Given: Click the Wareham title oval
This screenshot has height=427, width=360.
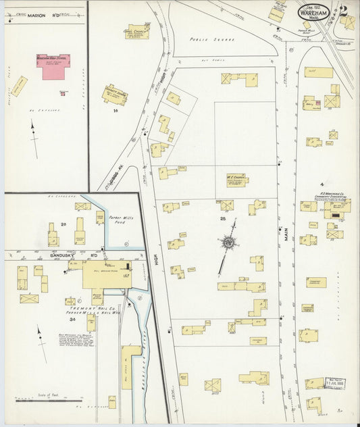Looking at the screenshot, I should tap(314, 13).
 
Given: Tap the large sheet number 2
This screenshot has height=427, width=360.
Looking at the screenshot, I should tap(344, 11).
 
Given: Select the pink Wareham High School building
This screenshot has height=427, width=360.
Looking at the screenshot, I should tap(53, 66).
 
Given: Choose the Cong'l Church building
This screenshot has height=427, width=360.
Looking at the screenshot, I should tap(137, 31).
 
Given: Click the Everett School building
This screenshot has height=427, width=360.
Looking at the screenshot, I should tap(115, 95).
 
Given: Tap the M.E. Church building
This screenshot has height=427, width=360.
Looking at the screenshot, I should tap(237, 180).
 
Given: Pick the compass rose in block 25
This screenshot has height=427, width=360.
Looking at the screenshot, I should tap(229, 242).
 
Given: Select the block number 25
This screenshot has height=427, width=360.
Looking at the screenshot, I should tap(222, 220).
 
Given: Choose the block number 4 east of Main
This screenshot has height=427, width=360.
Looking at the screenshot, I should tap(322, 184).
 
